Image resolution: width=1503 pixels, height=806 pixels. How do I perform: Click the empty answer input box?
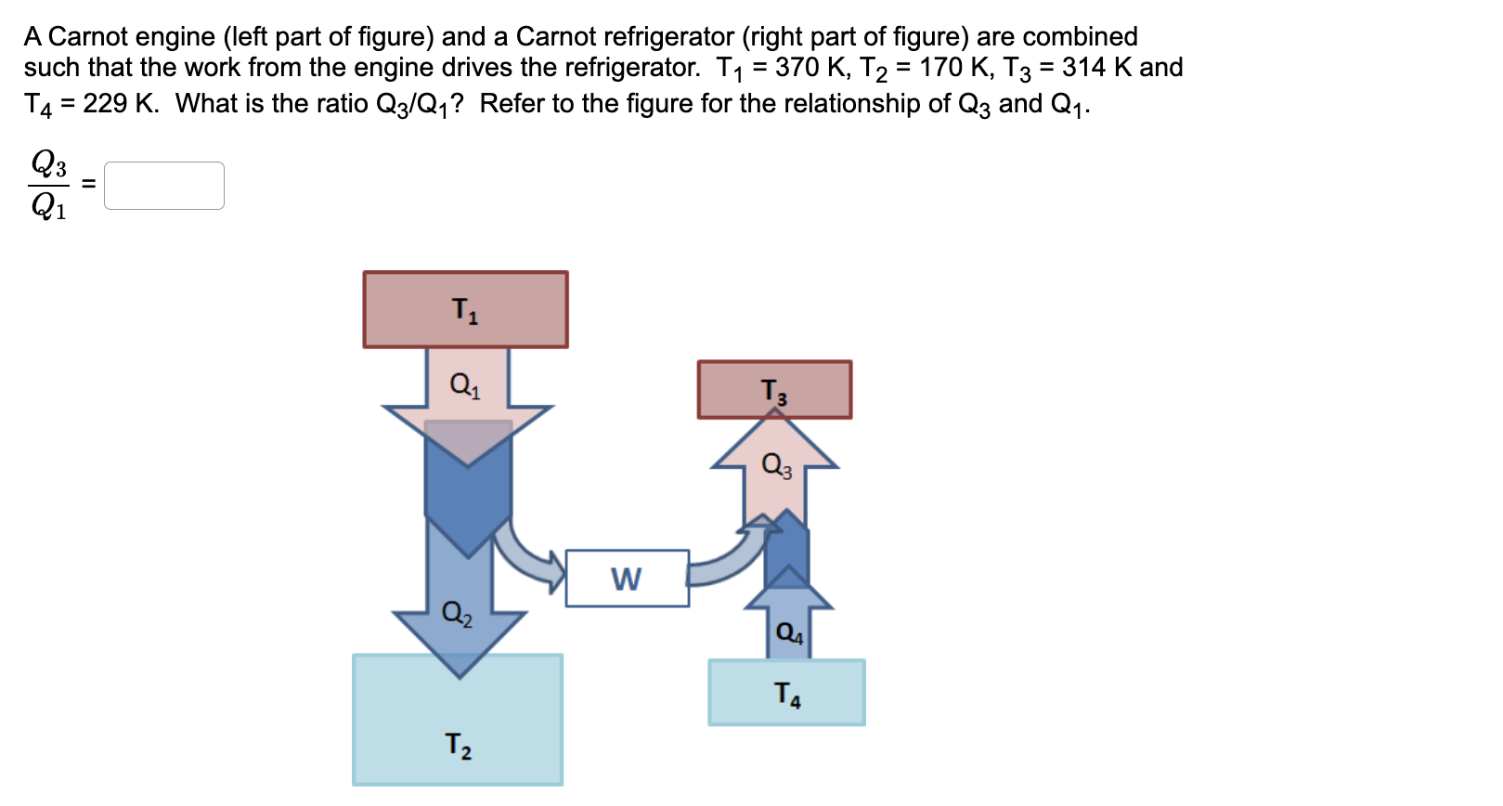(x=164, y=186)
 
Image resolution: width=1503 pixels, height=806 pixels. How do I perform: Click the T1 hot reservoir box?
(x=465, y=309)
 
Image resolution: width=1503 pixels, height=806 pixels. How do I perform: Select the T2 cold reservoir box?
(x=458, y=720)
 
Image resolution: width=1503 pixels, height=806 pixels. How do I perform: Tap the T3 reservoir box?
(x=774, y=390)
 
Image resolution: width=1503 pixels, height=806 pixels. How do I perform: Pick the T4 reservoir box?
(x=786, y=693)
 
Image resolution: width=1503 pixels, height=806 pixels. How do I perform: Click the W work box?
(x=627, y=578)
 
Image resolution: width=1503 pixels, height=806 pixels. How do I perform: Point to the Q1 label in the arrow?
(x=465, y=383)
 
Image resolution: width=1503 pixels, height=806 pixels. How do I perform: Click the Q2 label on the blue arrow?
(x=457, y=613)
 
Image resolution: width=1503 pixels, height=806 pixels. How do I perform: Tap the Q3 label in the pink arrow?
(x=776, y=464)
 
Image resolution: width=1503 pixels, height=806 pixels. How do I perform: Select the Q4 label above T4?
(x=789, y=633)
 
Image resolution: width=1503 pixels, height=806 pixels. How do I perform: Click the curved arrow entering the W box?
(x=529, y=555)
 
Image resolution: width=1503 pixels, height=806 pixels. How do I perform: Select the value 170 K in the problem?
(x=953, y=68)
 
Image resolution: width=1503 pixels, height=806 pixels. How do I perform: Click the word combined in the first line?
(x=1080, y=36)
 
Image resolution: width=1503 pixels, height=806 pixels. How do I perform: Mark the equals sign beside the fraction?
(x=88, y=185)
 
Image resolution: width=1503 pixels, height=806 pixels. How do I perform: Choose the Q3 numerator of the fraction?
(x=48, y=163)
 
